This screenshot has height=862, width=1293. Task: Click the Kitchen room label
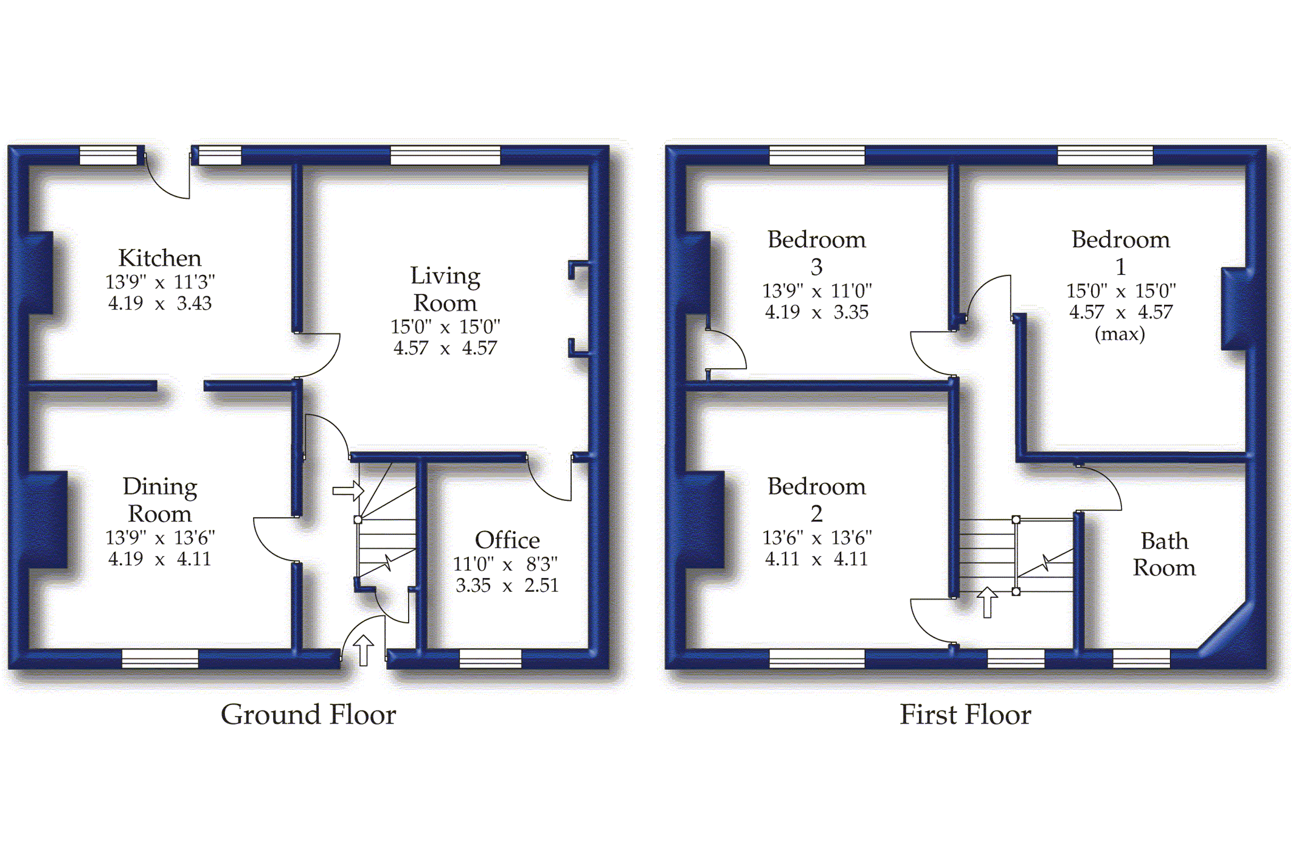click(x=159, y=258)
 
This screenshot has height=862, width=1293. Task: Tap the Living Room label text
click(x=445, y=289)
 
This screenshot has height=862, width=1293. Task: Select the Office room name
click(x=507, y=540)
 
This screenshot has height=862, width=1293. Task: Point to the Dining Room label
click(x=159, y=500)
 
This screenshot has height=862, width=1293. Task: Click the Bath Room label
click(x=1164, y=554)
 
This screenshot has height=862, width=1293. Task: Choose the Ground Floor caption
click(x=308, y=714)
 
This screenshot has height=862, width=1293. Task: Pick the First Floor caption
click(x=965, y=714)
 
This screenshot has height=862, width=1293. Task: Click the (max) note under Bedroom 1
click(x=1120, y=334)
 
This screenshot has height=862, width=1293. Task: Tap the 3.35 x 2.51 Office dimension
click(x=507, y=585)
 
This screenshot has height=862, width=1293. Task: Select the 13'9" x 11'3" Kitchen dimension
click(x=160, y=282)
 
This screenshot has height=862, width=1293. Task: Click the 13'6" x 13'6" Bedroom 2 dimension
click(x=817, y=538)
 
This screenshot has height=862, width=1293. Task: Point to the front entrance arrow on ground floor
click(x=363, y=650)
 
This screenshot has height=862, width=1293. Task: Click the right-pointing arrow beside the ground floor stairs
click(x=348, y=490)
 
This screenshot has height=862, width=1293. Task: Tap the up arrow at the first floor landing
click(x=987, y=602)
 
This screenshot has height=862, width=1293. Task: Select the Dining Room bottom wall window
click(x=160, y=658)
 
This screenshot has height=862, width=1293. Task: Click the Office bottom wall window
click(x=490, y=658)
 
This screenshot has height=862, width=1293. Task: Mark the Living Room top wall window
click(x=445, y=155)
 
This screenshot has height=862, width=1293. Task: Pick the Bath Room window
click(x=1141, y=658)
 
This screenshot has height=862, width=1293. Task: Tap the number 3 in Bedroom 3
click(x=817, y=267)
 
